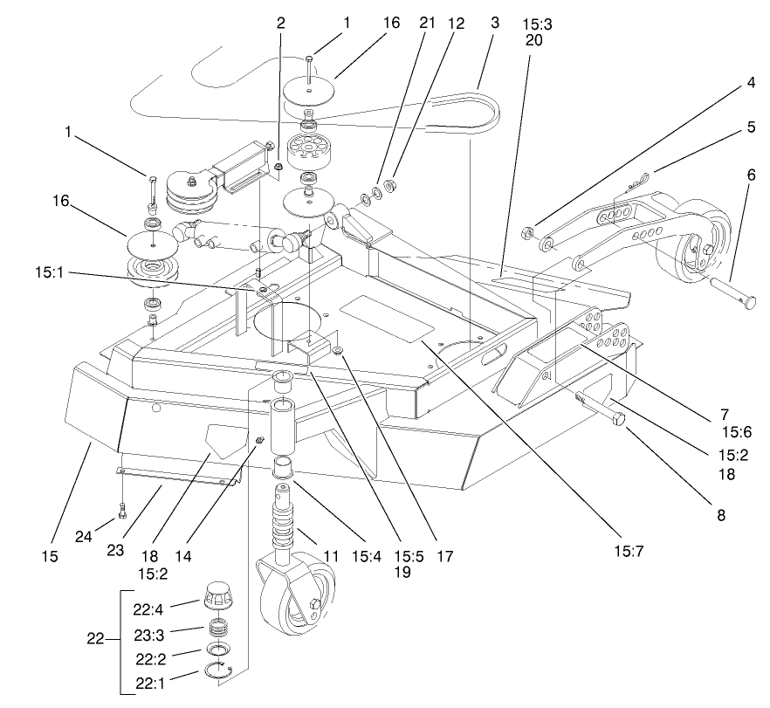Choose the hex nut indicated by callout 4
pyautogui.click(x=528, y=232)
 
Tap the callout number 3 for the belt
pyautogui.click(x=495, y=24)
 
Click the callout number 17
pyautogui.click(x=444, y=553)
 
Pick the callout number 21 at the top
pyautogui.click(x=428, y=24)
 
